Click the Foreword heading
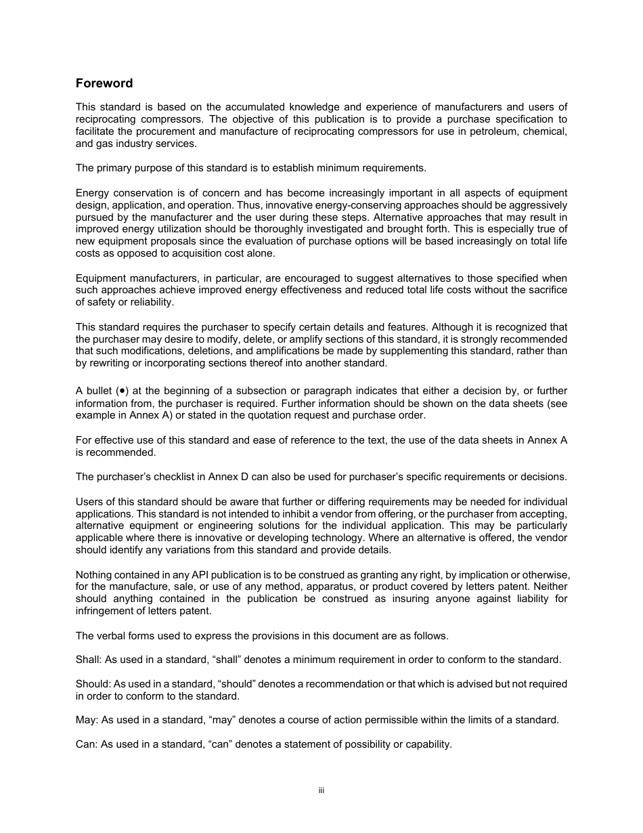click(x=104, y=83)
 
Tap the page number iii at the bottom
click(x=321, y=790)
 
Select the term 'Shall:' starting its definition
click(x=89, y=660)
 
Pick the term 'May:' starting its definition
click(x=86, y=720)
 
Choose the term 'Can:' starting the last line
click(x=87, y=744)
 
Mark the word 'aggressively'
click(x=537, y=205)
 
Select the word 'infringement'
click(x=105, y=611)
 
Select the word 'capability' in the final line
click(x=427, y=744)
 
